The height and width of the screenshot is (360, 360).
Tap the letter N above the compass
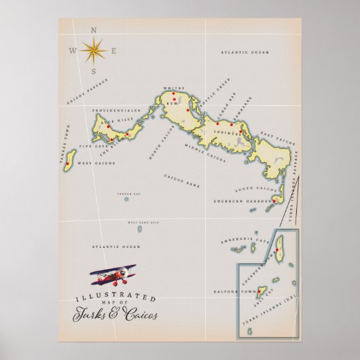tap(94, 30)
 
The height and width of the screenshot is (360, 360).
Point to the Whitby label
tap(174, 88)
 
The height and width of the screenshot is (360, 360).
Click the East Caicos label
tap(276, 137)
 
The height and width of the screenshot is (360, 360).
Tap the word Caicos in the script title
tap(141, 314)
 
